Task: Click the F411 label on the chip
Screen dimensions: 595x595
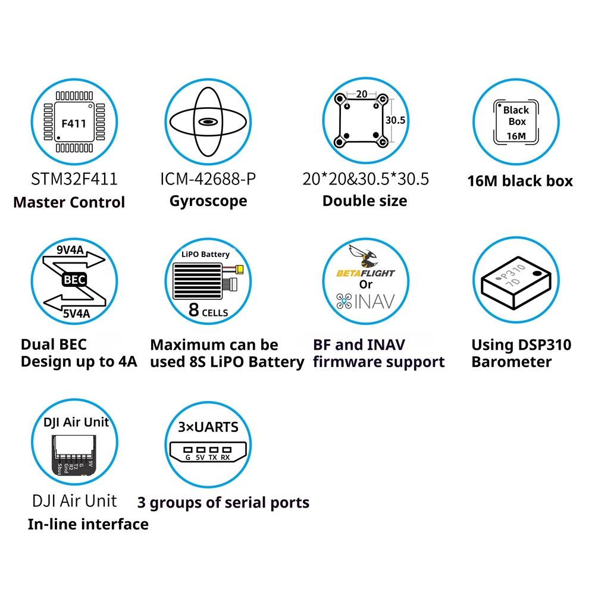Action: [74, 124]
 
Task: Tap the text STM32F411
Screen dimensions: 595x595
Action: [74, 178]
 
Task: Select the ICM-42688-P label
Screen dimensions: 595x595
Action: [208, 178]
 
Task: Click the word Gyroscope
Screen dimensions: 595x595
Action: [208, 201]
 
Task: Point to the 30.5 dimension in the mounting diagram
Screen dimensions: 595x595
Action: [395, 120]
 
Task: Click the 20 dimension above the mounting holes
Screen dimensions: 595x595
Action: [362, 94]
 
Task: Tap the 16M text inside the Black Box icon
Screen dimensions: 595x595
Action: [516, 136]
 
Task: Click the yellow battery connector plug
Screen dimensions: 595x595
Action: [242, 269]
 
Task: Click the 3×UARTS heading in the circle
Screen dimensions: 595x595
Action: [208, 427]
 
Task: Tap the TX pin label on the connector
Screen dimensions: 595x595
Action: [213, 458]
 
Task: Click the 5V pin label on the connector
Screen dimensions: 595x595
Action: [201, 458]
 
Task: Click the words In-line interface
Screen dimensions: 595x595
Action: [88, 524]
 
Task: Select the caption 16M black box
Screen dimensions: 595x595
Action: [520, 181]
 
